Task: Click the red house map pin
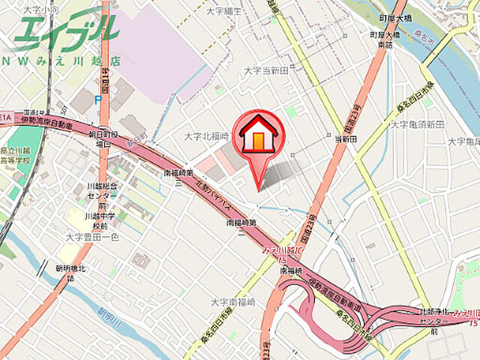tap(258, 138)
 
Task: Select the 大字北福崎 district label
tap(206, 136)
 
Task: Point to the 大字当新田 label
tap(266, 70)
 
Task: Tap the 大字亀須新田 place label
tap(417, 124)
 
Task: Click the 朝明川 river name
tap(111, 314)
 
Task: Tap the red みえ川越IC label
tap(284, 252)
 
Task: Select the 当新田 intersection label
tap(345, 138)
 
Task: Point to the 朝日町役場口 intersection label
tap(99, 137)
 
